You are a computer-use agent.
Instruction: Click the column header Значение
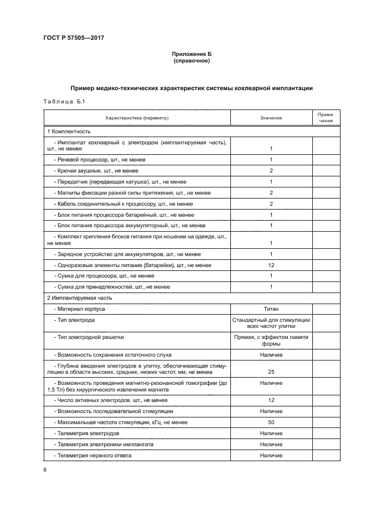pos(271,118)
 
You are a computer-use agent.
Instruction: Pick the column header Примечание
pos(326,118)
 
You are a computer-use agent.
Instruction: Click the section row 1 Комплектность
pos(69,132)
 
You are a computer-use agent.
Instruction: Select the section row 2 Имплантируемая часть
pos(79,297)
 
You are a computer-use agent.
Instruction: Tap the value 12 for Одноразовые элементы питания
pos(271,265)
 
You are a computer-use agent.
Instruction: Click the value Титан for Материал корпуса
pos(271,309)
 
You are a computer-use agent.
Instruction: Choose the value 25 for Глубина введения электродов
pos(271,372)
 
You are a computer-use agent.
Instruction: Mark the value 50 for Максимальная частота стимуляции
pos(271,422)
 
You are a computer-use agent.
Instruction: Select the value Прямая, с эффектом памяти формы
pos(271,339)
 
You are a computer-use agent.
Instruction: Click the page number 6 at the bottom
pos(45,469)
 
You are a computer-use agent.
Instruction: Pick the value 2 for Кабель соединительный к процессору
pos(271,203)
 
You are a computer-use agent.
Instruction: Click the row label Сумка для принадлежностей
pos(112,286)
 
